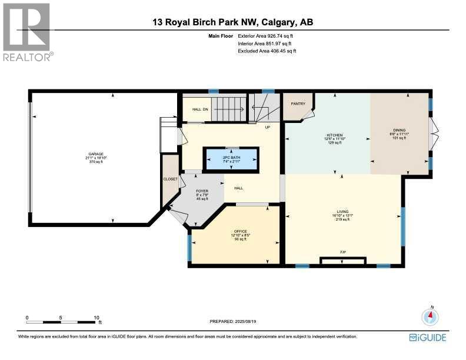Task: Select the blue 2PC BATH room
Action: coord(231,158)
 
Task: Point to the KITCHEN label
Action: coord(335,135)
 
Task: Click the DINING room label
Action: coord(400,130)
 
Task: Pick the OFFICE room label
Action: coord(239,232)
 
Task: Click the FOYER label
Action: coord(201,191)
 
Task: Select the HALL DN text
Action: coord(201,109)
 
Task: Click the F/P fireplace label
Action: coord(342,252)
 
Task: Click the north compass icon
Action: coord(431,316)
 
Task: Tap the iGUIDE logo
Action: coord(428,337)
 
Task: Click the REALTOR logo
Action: coord(28,32)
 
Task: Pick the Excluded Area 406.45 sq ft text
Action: coord(267,51)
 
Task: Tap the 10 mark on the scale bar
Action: coord(96,318)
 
